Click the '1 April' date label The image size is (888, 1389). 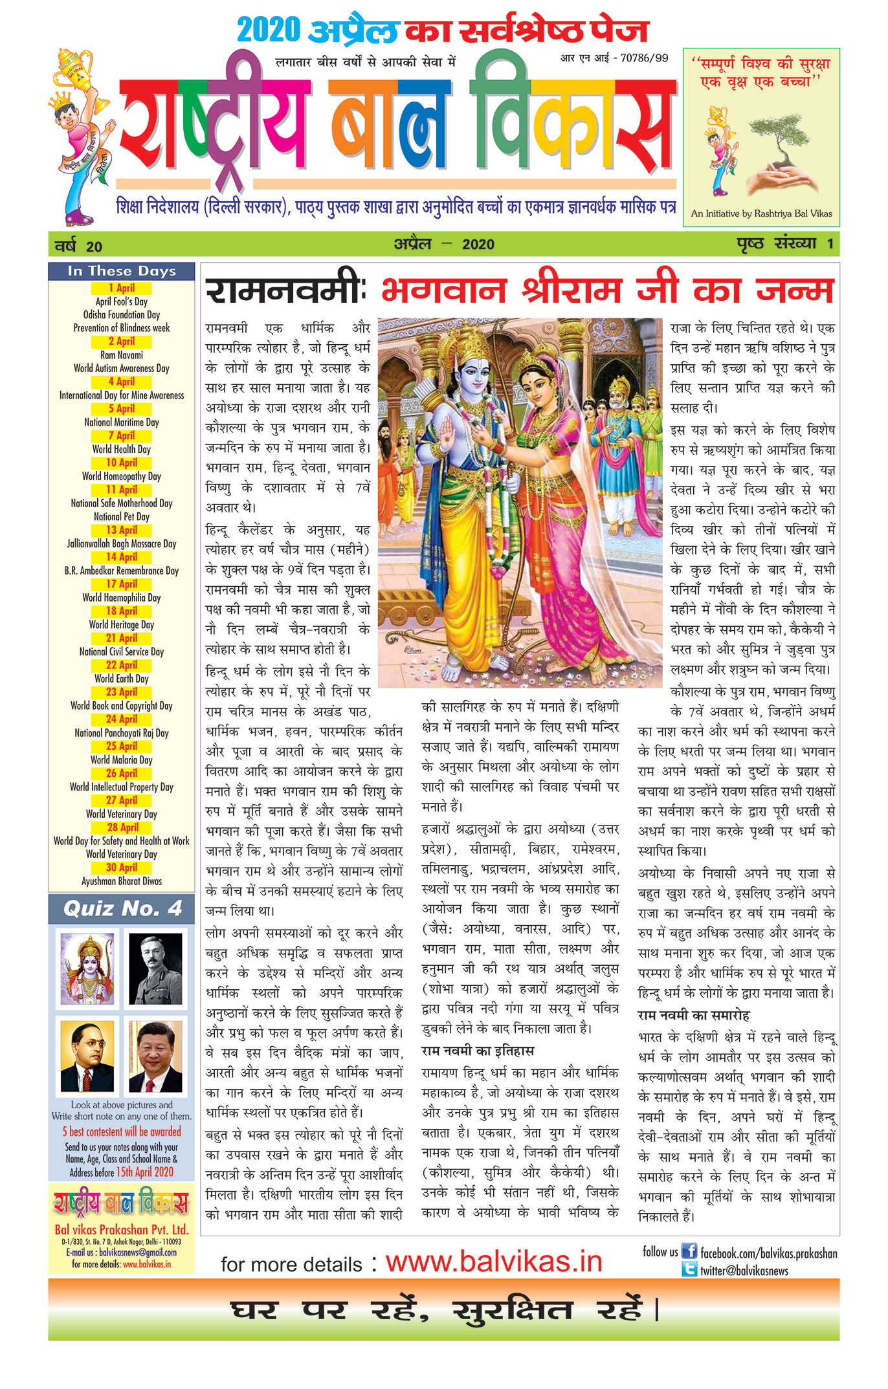pyautogui.click(x=122, y=288)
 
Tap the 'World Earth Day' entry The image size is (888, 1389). pyautogui.click(x=122, y=679)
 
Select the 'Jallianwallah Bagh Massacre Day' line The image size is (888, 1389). pyautogui.click(x=122, y=544)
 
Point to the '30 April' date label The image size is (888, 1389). pyautogui.click(x=122, y=868)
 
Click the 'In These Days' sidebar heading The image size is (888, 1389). pyautogui.click(x=122, y=271)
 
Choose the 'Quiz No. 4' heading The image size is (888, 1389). pyautogui.click(x=122, y=908)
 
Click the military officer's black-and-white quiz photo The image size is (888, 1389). pyautogui.click(x=155, y=968)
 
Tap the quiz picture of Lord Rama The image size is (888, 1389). pyautogui.click(x=87, y=968)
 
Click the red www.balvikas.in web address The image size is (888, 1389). pyautogui.click(x=494, y=1262)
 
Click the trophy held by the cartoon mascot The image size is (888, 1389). pyautogui.click(x=74, y=66)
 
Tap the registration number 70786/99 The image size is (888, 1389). pyautogui.click(x=644, y=58)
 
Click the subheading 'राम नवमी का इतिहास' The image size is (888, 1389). pyautogui.click(x=478, y=1051)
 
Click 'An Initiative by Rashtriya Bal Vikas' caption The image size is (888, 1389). pyautogui.click(x=761, y=213)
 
